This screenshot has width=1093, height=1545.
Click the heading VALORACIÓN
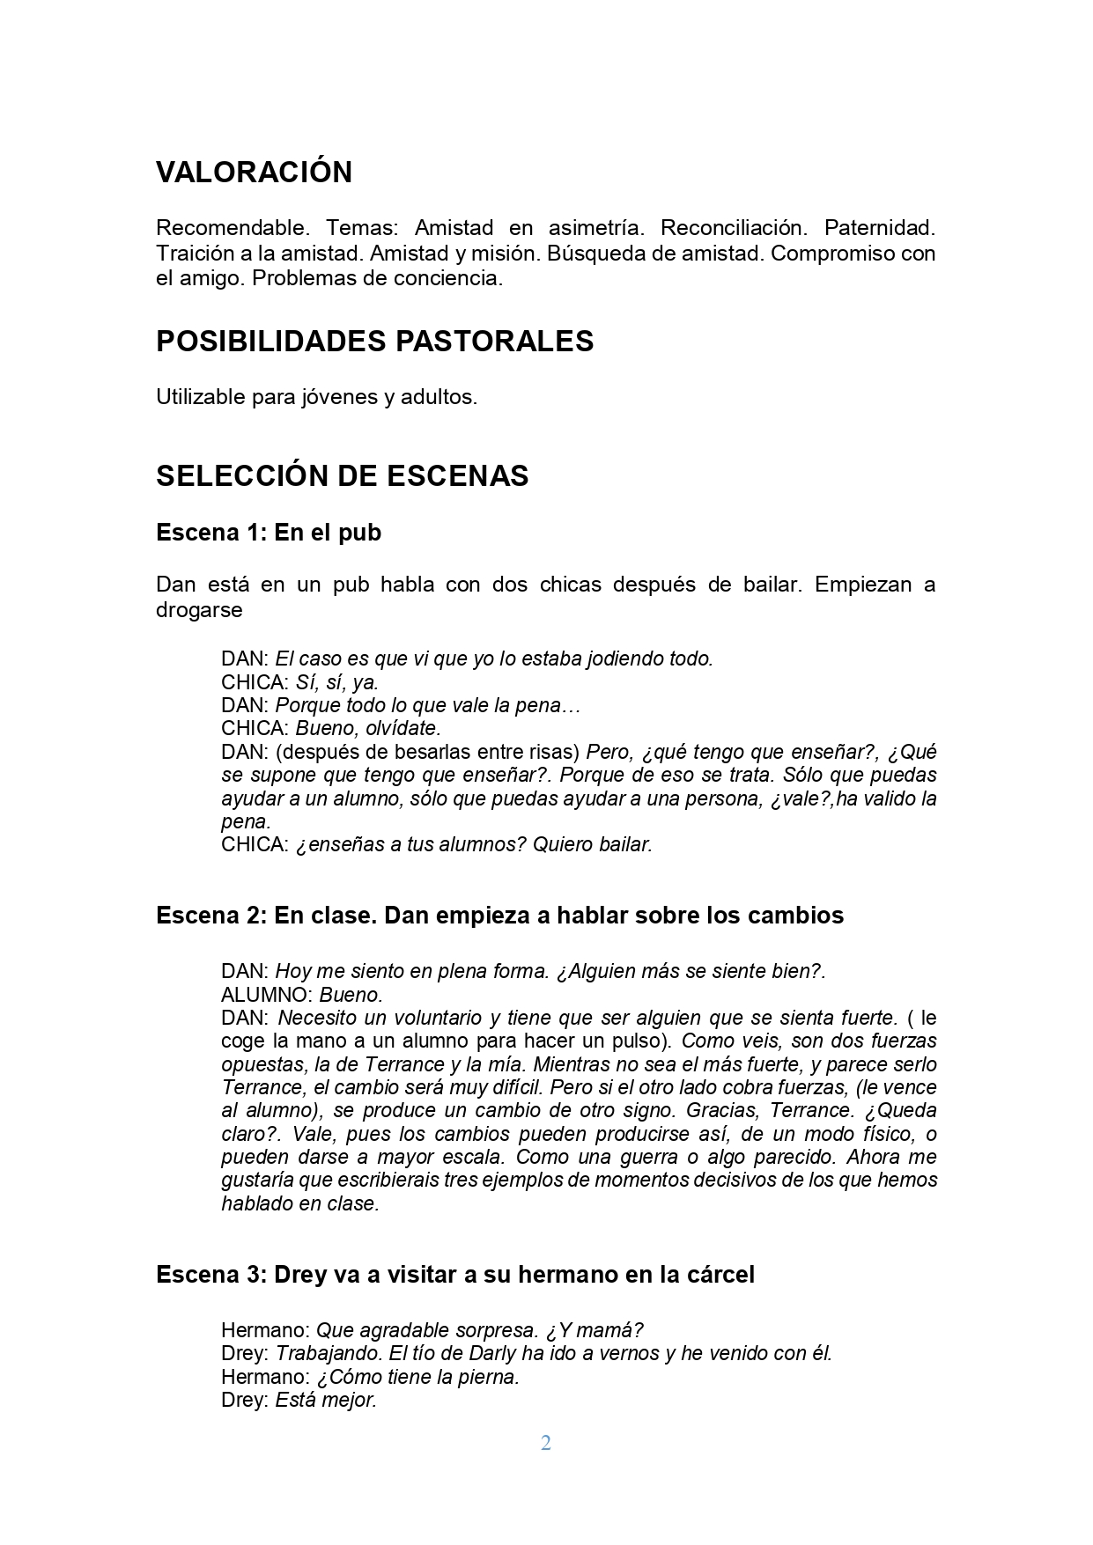[x=254, y=172]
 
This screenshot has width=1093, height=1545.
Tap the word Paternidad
[x=879, y=228]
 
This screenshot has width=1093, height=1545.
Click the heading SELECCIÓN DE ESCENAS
[x=342, y=476]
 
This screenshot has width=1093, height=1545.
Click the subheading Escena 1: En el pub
[x=269, y=533]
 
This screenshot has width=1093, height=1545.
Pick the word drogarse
[x=199, y=610]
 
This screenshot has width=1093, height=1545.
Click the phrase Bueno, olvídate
[x=367, y=729]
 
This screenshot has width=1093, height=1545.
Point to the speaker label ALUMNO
[x=266, y=996]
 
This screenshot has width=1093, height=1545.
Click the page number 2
[x=546, y=1443]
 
